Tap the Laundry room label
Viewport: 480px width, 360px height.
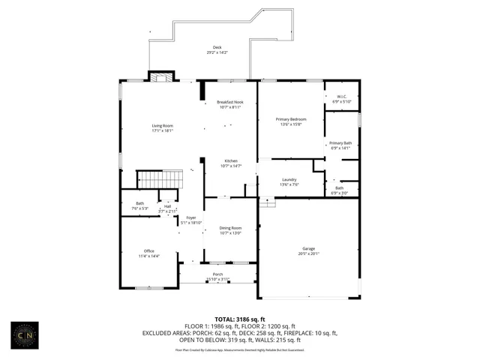pos(289,181)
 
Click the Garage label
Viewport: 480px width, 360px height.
pos(308,250)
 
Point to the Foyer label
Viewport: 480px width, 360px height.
pos(191,220)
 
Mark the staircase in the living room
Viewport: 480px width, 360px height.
pos(160,180)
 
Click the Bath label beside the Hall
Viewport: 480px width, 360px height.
pos(139,205)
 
